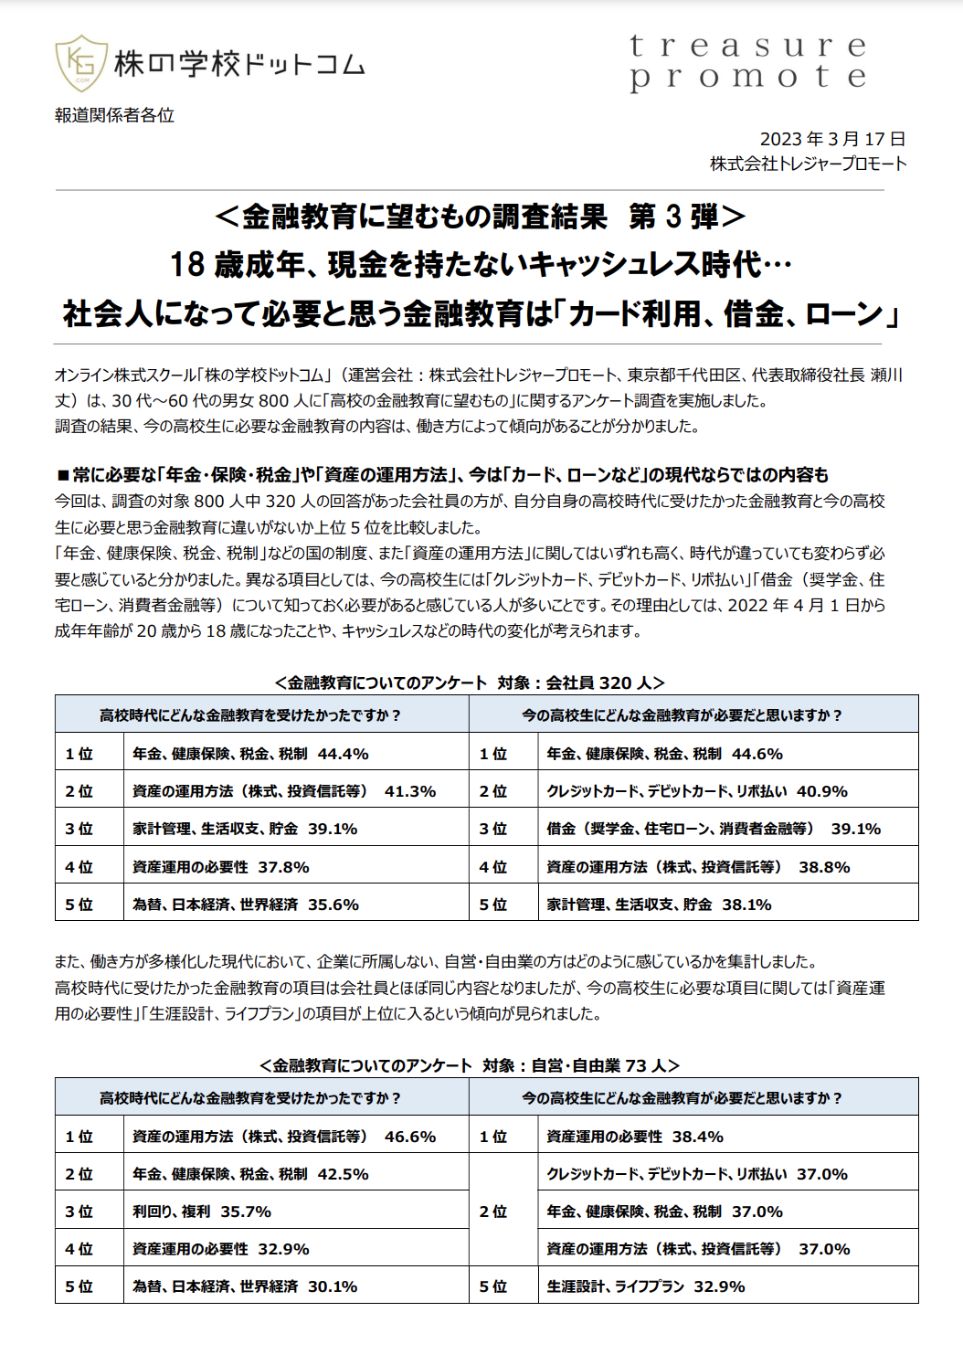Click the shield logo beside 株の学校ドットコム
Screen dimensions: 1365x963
click(x=81, y=63)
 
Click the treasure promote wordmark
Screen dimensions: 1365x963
click(x=747, y=61)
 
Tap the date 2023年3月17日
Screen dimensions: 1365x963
click(x=832, y=139)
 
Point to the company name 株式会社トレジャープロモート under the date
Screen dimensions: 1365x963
click(x=808, y=164)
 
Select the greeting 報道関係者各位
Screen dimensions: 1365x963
click(x=114, y=115)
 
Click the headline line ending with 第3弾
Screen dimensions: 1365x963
click(x=481, y=217)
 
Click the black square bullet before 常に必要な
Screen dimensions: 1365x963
click(x=62, y=475)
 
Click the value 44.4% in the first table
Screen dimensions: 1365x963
click(x=343, y=754)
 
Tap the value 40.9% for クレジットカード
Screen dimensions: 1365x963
click(x=821, y=791)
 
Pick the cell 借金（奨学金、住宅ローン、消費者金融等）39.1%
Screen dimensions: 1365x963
click(x=713, y=829)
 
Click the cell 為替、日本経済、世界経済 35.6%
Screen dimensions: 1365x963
click(x=245, y=905)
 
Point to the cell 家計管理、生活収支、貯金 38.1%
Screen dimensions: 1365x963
click(x=658, y=905)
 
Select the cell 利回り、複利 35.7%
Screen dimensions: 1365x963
click(x=201, y=1212)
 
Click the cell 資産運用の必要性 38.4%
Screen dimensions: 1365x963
click(x=634, y=1137)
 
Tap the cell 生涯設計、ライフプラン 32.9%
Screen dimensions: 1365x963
click(x=645, y=1286)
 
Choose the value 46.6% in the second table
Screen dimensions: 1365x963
click(x=410, y=1137)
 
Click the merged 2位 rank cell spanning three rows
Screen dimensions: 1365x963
click(x=493, y=1212)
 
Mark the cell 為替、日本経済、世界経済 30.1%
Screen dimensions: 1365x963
click(x=245, y=1286)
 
